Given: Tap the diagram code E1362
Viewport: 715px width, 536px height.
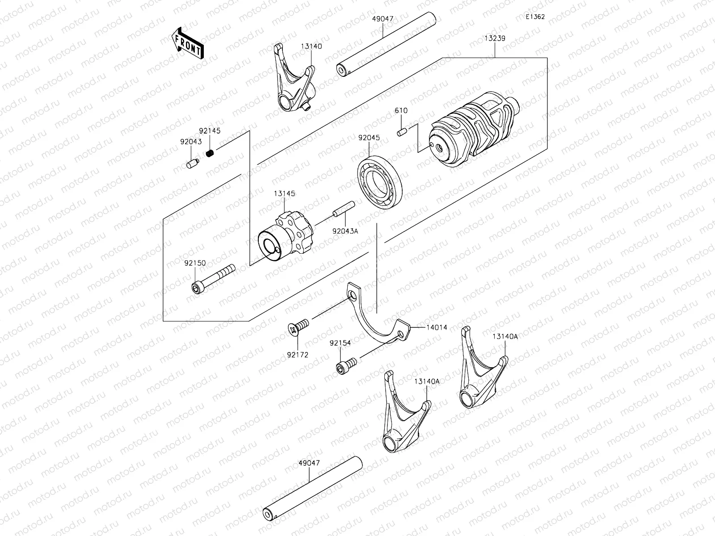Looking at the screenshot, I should [x=535, y=17].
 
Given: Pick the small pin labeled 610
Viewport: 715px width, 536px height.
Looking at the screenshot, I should [x=401, y=132].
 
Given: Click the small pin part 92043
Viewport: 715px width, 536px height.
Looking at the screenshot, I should [x=192, y=164].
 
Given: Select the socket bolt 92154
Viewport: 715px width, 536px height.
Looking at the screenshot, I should [x=346, y=365].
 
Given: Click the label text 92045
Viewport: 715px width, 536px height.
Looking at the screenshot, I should [x=369, y=138].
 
